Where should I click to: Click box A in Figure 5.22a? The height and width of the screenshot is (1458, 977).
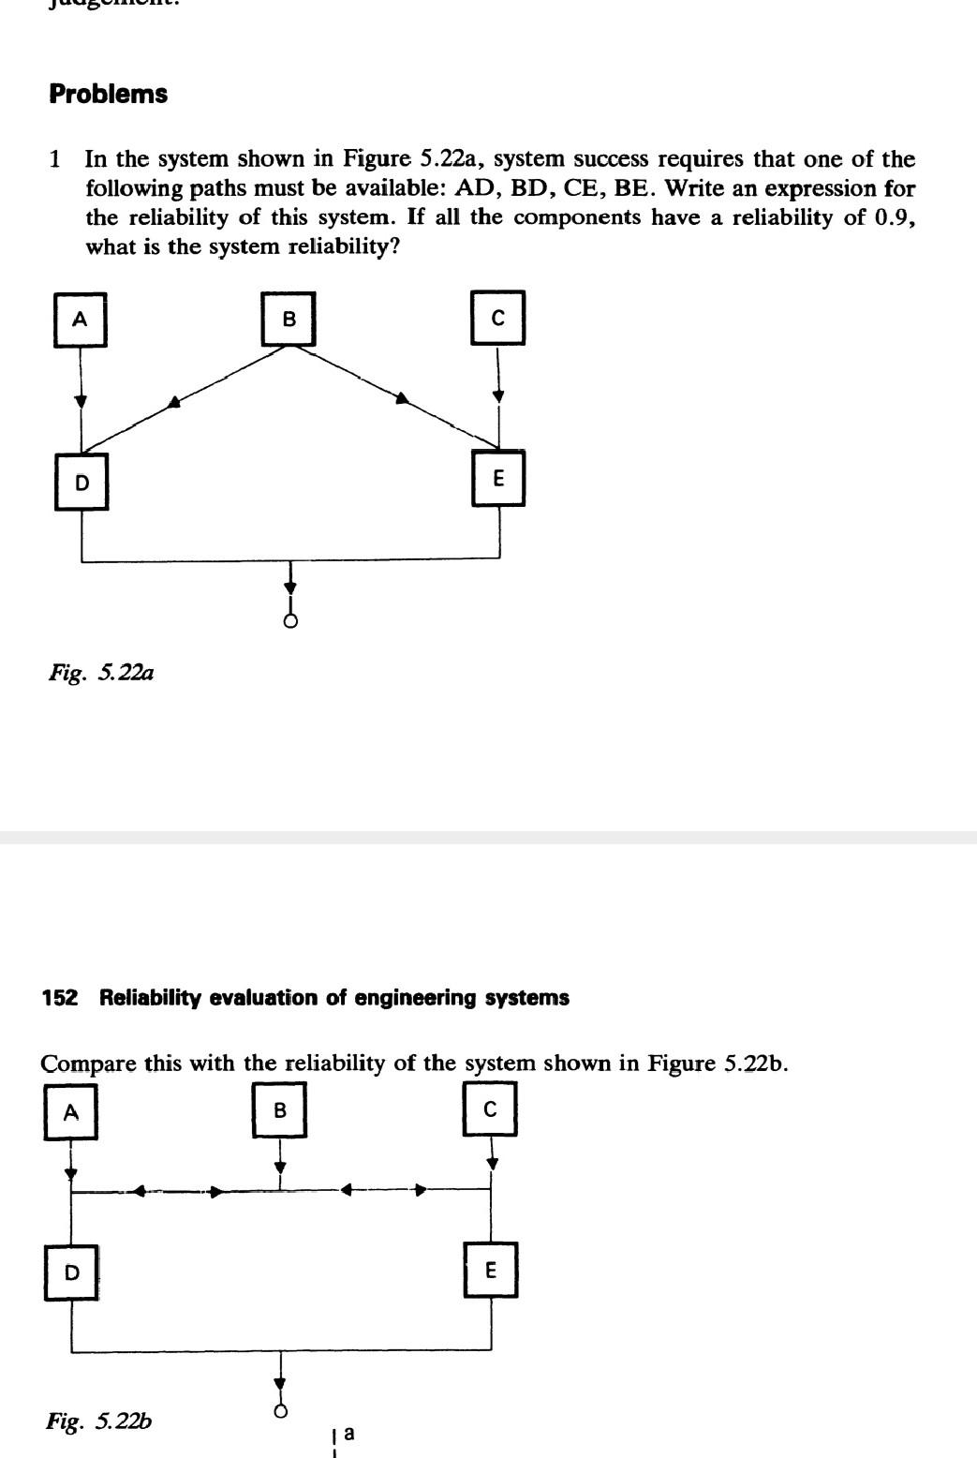coord(81,320)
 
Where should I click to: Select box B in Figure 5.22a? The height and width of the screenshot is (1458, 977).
coord(289,319)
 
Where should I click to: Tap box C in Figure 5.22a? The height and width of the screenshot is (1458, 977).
coord(497,318)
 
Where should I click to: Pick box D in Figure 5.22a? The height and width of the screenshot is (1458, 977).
coord(81,483)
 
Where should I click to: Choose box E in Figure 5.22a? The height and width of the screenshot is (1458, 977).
coord(497,478)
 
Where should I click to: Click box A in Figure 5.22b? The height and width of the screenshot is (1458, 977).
coord(71,1112)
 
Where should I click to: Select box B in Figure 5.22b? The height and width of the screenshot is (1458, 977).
coord(279,1110)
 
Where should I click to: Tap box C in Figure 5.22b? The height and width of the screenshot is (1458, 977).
coord(490,1109)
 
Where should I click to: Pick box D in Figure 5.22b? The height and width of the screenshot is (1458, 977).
coord(71,1272)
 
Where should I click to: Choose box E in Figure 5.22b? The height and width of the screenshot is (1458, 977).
coord(490,1270)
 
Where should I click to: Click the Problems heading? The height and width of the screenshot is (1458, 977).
coord(109,95)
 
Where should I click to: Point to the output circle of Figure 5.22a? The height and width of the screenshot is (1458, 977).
coord(290,621)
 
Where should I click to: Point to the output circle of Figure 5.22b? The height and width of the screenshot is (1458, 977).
coord(279,1411)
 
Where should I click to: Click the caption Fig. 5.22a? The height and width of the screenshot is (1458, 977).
coord(101,673)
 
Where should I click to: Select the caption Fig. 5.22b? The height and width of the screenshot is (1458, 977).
coord(99,1421)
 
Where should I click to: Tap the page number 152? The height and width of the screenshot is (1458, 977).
coord(59,998)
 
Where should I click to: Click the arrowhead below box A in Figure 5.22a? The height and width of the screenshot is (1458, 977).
coord(81,401)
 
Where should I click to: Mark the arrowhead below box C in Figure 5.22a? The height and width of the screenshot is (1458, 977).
coord(497,396)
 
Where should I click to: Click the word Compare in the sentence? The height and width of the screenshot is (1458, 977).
coord(88,1064)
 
